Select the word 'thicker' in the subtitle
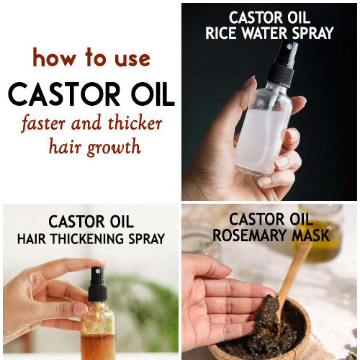pyautogui.click(x=135, y=123)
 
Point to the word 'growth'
pyautogui.click(x=114, y=147)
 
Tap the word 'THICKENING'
pyautogui.click(x=87, y=239)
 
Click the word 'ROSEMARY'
pyautogui.click(x=250, y=235)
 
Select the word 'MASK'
pyautogui.click(x=310, y=235)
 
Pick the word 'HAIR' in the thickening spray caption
pyautogui.click(x=31, y=239)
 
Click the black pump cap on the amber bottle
pyautogui.click(x=97, y=284)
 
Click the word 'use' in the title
pyautogui.click(x=132, y=59)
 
